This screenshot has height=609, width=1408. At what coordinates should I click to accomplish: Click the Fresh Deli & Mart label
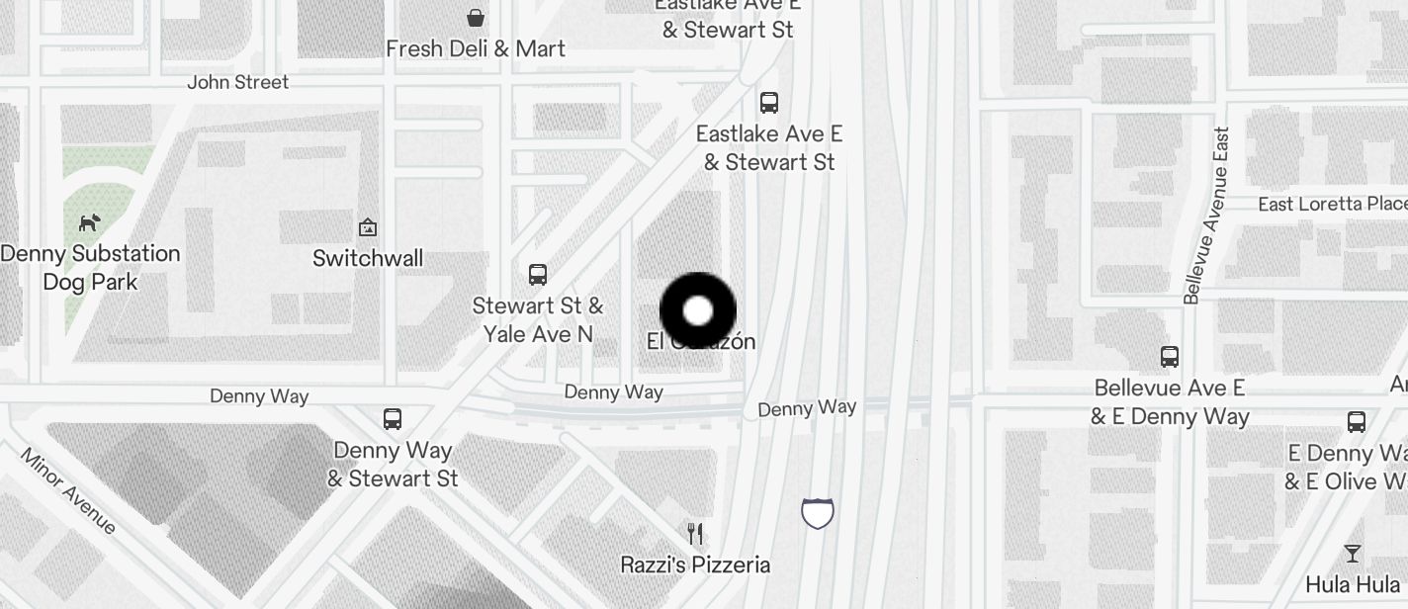[x=476, y=48]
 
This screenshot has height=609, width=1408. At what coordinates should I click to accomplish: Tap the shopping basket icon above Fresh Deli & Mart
[x=476, y=18]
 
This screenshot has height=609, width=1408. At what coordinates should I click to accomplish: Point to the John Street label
[x=238, y=82]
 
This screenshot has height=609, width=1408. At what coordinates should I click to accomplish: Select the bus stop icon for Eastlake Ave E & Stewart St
[x=768, y=102]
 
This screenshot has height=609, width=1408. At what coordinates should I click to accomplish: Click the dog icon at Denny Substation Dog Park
[x=90, y=222]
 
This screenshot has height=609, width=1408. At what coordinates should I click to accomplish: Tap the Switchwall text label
[x=368, y=258]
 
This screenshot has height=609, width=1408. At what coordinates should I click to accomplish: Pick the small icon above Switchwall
[x=368, y=227]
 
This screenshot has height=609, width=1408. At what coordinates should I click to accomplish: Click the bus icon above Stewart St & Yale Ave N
[x=538, y=274]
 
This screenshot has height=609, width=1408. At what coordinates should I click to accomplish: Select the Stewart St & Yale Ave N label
[x=538, y=319]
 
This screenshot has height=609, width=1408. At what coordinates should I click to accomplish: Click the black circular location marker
[x=698, y=310]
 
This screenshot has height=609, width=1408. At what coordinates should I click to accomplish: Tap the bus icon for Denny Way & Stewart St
[x=393, y=418]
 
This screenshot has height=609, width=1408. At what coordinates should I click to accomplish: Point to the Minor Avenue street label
[x=68, y=491]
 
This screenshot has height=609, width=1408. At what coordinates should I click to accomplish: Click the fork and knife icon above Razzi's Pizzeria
[x=695, y=534]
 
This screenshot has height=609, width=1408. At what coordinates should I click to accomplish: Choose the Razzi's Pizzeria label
[x=695, y=565]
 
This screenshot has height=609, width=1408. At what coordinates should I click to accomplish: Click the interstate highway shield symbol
[x=818, y=513]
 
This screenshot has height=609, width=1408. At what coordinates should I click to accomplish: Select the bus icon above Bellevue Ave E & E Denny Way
[x=1170, y=356]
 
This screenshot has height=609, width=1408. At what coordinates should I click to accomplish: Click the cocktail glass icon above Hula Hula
[x=1353, y=553]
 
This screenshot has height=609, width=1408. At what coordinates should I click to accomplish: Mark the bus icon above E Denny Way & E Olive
[x=1357, y=422]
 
